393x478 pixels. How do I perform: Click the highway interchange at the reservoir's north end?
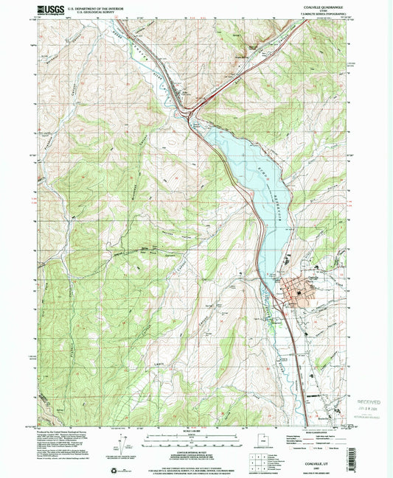tap(192, 114)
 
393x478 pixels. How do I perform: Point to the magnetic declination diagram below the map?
tap(118, 445)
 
